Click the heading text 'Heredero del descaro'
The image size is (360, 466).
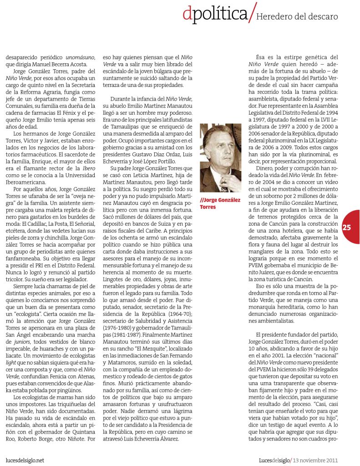click(297, 17)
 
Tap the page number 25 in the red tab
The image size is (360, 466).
click(347, 227)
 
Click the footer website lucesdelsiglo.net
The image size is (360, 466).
click(25, 460)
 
